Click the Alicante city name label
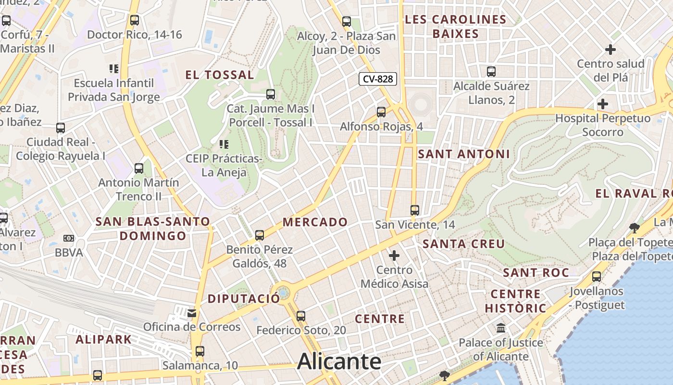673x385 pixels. click(339, 361)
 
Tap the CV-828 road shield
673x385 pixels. click(378, 79)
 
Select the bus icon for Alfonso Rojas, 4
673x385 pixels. click(381, 112)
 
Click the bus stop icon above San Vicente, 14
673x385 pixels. click(415, 210)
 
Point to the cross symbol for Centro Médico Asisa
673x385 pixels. click(394, 256)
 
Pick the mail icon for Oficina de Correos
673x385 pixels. click(192, 313)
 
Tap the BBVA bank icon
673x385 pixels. click(69, 238)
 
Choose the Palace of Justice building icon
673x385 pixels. click(501, 328)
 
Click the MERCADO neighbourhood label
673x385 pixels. click(315, 222)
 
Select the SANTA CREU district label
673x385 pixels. click(464, 244)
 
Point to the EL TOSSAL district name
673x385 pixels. click(220, 75)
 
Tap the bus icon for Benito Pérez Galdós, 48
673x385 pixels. click(260, 235)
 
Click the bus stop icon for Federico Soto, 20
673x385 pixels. click(301, 316)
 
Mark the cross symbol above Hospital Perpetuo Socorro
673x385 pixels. click(602, 104)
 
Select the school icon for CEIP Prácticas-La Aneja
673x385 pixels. click(224, 144)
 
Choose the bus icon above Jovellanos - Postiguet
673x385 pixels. click(597, 277)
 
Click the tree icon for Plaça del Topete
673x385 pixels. click(635, 228)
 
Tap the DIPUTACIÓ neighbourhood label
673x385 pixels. click(243, 298)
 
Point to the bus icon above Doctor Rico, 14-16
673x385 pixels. click(135, 20)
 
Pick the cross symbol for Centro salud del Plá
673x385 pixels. click(611, 50)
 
